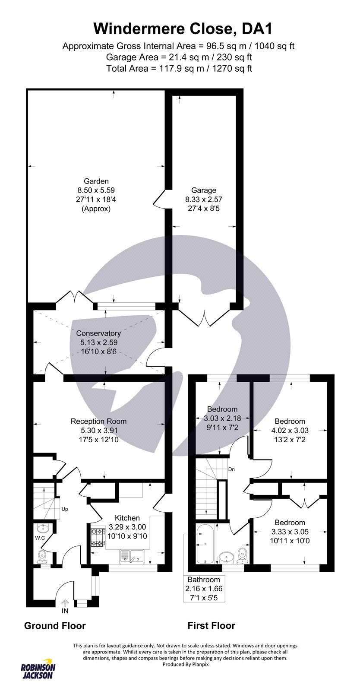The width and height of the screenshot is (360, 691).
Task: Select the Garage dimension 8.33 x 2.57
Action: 204,199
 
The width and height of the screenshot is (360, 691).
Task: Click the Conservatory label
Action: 98,333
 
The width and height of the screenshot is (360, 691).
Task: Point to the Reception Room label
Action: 98,421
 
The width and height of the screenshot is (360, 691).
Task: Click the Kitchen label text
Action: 127,518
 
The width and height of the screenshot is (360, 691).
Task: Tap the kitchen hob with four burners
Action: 97,538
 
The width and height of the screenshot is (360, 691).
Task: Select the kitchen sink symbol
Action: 133,557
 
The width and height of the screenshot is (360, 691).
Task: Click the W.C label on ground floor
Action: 41,538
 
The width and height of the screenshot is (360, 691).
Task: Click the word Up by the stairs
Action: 65,509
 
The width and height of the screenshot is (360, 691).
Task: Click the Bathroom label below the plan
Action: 203,580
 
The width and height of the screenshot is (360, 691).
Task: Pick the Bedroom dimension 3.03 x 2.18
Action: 222,418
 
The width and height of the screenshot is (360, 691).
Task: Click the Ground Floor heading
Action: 55,625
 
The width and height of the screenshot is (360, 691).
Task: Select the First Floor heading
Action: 211,625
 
